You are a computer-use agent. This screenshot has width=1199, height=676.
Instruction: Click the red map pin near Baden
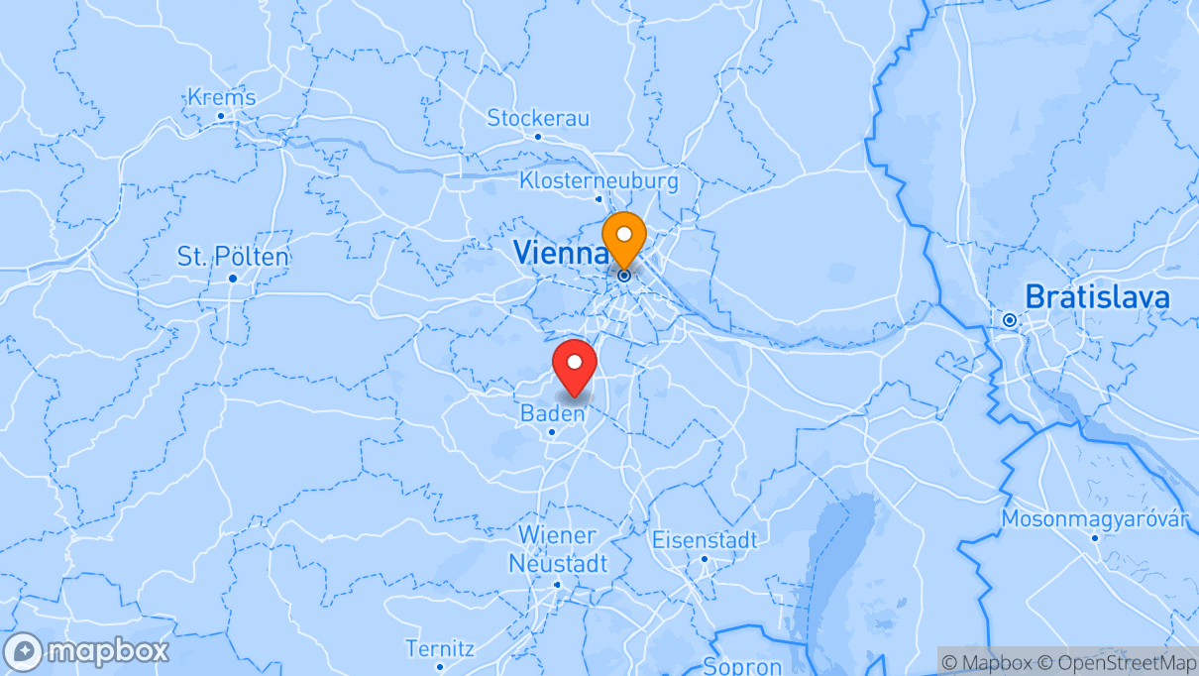pyautogui.click(x=574, y=366)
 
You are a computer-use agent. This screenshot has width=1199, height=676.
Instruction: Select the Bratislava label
pyautogui.click(x=1097, y=296)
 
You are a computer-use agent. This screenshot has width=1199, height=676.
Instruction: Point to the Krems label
pyautogui.click(x=221, y=97)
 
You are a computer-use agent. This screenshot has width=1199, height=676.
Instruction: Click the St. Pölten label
pyautogui.click(x=233, y=257)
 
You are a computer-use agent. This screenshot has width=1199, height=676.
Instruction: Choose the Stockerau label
pyautogui.click(x=538, y=118)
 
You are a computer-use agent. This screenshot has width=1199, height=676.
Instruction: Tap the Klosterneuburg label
pyautogui.click(x=599, y=180)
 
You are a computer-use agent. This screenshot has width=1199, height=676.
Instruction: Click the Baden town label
pyautogui.click(x=552, y=413)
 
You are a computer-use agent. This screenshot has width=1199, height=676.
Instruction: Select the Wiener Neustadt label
pyautogui.click(x=557, y=550)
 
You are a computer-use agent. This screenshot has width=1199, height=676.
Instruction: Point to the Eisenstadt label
pyautogui.click(x=704, y=540)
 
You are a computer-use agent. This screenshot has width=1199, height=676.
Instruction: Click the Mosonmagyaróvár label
pyautogui.click(x=1094, y=518)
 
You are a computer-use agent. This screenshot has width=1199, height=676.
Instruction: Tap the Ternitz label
pyautogui.click(x=440, y=649)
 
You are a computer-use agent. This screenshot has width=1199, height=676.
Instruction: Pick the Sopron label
pyautogui.click(x=742, y=665)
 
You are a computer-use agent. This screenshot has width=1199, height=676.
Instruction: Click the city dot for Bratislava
pyautogui.click(x=1009, y=320)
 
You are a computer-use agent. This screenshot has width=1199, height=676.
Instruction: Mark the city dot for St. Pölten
pyautogui.click(x=233, y=279)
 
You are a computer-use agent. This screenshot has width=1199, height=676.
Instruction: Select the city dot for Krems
pyautogui.click(x=221, y=116)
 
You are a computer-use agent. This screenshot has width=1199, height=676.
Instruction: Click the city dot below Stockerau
pyautogui.click(x=538, y=137)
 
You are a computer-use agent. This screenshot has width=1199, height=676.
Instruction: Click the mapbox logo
pyautogui.click(x=86, y=651)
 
